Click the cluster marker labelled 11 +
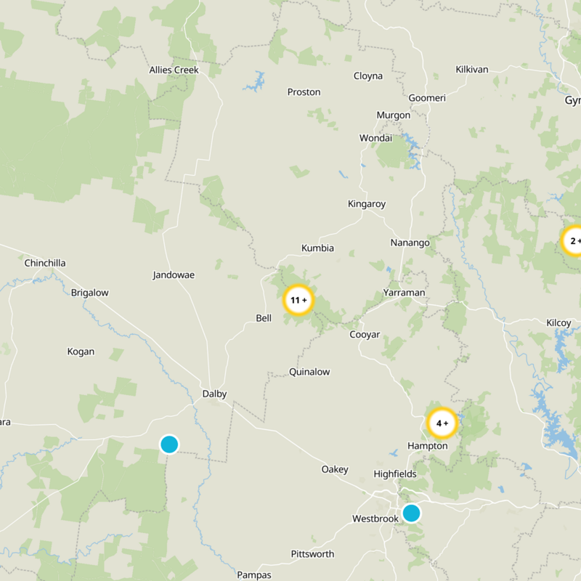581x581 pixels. [x=298, y=300]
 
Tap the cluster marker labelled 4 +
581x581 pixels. [x=442, y=423]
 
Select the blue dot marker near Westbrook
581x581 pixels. [x=411, y=513]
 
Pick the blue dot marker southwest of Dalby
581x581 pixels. [x=169, y=444]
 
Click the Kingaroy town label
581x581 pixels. [x=367, y=204]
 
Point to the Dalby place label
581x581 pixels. [x=214, y=394]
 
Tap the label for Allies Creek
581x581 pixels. [x=173, y=70]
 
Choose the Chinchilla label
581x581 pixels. [x=45, y=263]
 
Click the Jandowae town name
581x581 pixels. [x=174, y=275]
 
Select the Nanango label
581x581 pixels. [x=410, y=243]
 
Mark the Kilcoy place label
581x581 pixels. [x=558, y=322]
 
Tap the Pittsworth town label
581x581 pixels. [x=312, y=554]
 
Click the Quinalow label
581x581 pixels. [x=309, y=372]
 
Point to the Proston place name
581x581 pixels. [x=304, y=92]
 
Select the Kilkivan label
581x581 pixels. [x=472, y=70]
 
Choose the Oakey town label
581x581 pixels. [x=335, y=470]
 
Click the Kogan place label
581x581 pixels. [x=81, y=352]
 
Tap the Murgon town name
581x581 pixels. [x=393, y=115]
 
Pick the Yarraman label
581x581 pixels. [x=405, y=293]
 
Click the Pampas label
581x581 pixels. [x=254, y=575]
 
